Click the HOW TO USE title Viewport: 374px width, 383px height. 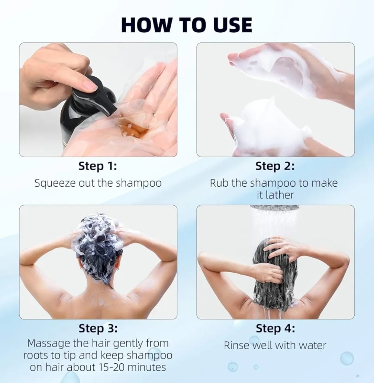[x=187, y=25]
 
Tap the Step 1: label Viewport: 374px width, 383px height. [x=97, y=166]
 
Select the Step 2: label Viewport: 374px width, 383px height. [x=275, y=166]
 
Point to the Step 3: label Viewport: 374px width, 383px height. [x=98, y=328]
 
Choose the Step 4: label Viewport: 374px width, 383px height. [x=275, y=328]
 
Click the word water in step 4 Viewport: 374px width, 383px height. [x=310, y=345]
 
